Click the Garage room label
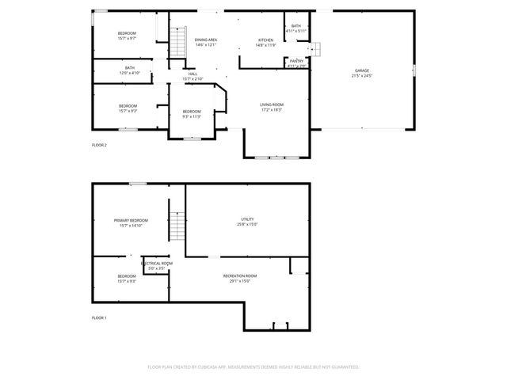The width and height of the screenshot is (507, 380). [361, 71]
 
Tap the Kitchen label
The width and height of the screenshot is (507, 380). [265, 40]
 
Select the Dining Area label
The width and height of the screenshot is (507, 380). [206, 40]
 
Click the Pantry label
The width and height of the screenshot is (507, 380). [296, 61]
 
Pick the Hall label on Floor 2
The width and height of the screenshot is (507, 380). [193, 74]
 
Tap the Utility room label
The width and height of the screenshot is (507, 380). [247, 219]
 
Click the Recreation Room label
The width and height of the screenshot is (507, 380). [239, 275]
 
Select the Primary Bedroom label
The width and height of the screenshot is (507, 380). [131, 220]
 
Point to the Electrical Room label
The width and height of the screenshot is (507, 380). [157, 263]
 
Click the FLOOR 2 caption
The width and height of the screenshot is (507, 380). [99, 145]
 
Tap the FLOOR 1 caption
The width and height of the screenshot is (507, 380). [99, 317]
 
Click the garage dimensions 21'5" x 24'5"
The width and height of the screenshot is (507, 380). [361, 76]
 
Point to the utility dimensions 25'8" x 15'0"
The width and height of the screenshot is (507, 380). [247, 224]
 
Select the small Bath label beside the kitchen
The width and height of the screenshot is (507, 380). [295, 26]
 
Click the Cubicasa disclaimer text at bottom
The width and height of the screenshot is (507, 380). [253, 367]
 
